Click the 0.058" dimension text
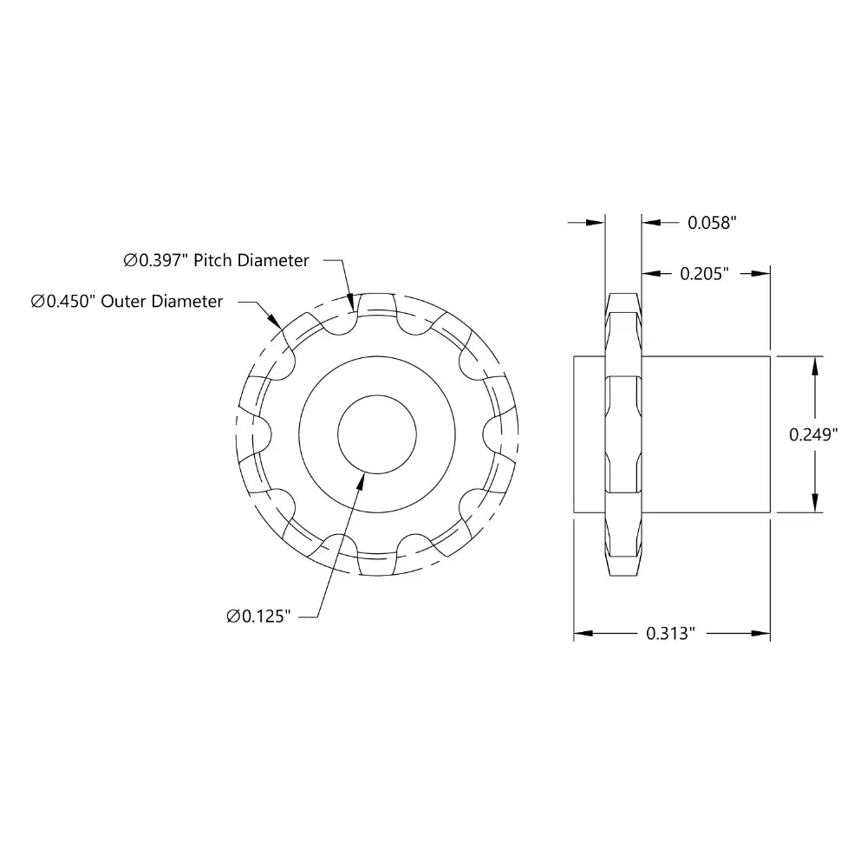(x=712, y=223)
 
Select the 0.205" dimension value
(x=703, y=274)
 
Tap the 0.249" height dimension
(x=812, y=434)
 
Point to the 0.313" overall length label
(x=671, y=634)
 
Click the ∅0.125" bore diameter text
(x=257, y=616)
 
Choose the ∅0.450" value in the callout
(x=64, y=302)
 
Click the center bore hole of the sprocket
(x=377, y=433)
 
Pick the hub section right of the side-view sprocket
(x=707, y=433)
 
